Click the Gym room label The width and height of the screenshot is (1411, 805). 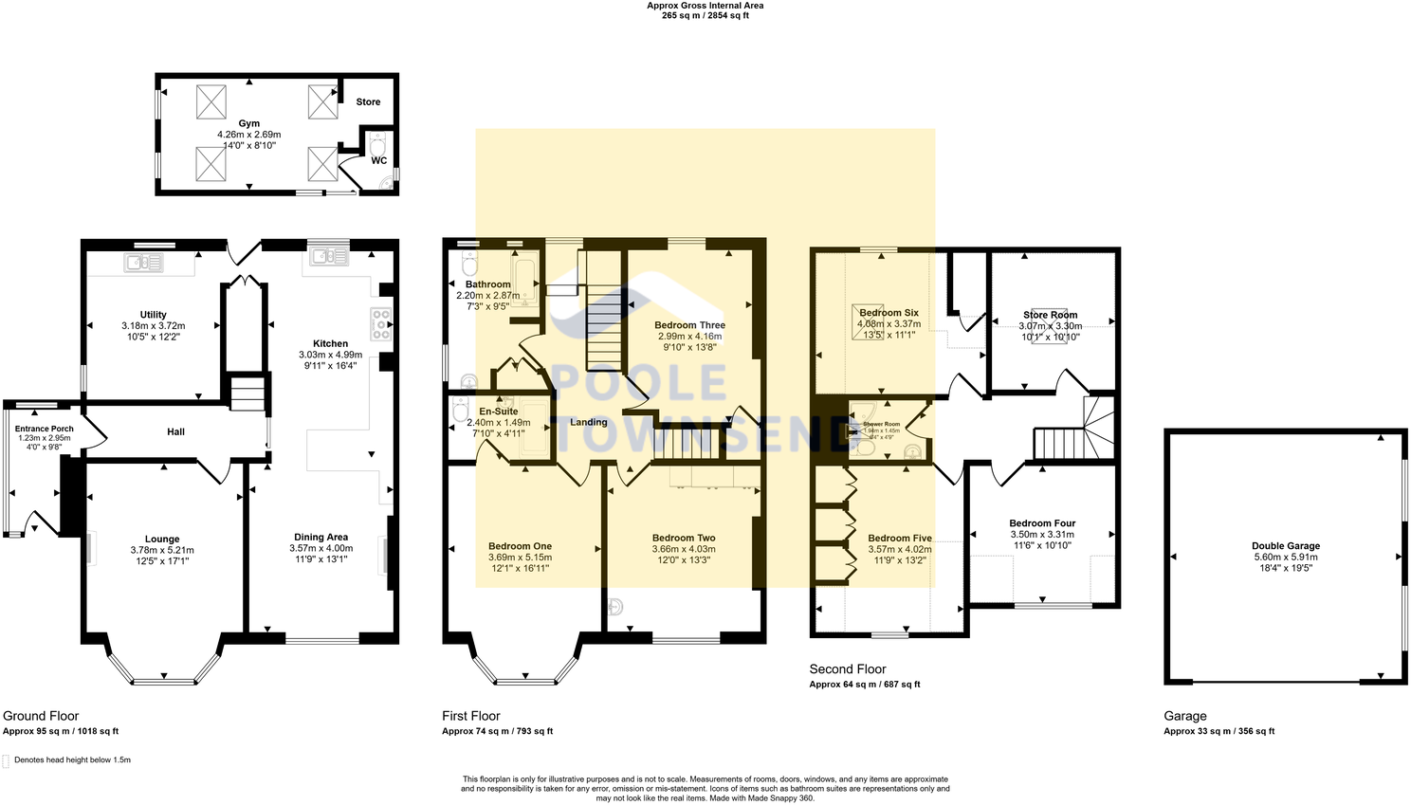click(x=249, y=123)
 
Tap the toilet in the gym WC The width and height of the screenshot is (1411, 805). click(x=377, y=146)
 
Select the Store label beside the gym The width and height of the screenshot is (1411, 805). click(x=368, y=101)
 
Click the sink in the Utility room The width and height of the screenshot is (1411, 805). click(x=144, y=262)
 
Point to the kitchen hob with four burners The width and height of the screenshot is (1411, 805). click(x=380, y=324)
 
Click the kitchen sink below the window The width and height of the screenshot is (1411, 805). click(x=327, y=256)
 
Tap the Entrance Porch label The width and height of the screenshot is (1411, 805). click(x=45, y=429)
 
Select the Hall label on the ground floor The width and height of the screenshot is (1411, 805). click(x=175, y=431)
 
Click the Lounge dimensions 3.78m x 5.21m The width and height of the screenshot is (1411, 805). click(x=162, y=550)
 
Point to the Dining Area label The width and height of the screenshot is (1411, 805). click(x=321, y=537)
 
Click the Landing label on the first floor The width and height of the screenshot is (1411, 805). click(x=588, y=422)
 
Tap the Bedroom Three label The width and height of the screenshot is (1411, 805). click(x=689, y=325)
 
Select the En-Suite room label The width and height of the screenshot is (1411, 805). click(x=498, y=412)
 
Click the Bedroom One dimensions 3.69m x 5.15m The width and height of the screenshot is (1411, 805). click(x=520, y=558)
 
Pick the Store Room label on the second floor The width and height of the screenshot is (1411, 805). click(x=1050, y=315)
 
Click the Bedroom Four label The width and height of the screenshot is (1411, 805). click(x=1042, y=523)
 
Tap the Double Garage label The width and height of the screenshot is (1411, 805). click(x=1285, y=546)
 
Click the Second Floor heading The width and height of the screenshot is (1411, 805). click(x=847, y=668)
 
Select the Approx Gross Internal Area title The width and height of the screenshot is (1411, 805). click(x=705, y=6)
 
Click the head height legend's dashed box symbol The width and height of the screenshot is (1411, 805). click(x=6, y=760)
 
